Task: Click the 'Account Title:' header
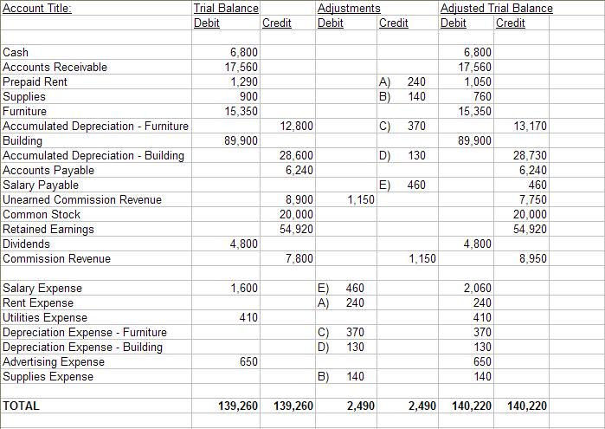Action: pyautogui.click(x=37, y=8)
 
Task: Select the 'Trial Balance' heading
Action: pyautogui.click(x=225, y=8)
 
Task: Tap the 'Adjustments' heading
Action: pyautogui.click(x=349, y=8)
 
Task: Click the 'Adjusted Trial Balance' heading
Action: pyautogui.click(x=496, y=8)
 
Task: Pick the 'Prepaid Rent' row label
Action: pyautogui.click(x=35, y=81)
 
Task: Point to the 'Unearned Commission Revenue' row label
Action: pyautogui.click(x=82, y=199)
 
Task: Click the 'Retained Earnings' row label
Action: pyautogui.click(x=48, y=229)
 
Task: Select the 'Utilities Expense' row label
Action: pyautogui.click(x=45, y=317)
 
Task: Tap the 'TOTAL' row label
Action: pyautogui.click(x=22, y=405)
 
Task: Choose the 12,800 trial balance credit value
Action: pyautogui.click(x=297, y=126)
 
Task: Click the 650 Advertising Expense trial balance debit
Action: pyautogui.click(x=248, y=361)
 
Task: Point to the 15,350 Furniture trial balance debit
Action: pyautogui.click(x=241, y=111)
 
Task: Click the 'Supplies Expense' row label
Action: pyautogui.click(x=48, y=376)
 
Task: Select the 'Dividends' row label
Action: pyautogui.click(x=27, y=244)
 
